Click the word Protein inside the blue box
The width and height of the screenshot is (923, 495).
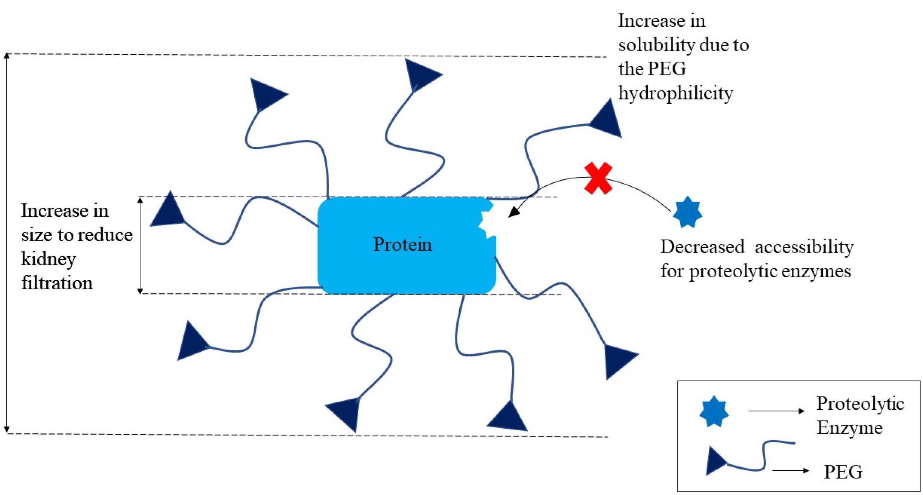[x=402, y=244]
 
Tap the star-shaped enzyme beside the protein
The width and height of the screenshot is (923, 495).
[x=687, y=212]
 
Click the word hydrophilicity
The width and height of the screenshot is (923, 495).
[x=676, y=93]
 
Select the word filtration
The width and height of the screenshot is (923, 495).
[x=57, y=283]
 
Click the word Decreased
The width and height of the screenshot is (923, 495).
[x=702, y=247]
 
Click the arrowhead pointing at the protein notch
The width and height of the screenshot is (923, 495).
[x=513, y=213]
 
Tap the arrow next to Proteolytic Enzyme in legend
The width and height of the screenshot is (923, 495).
[x=776, y=411]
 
